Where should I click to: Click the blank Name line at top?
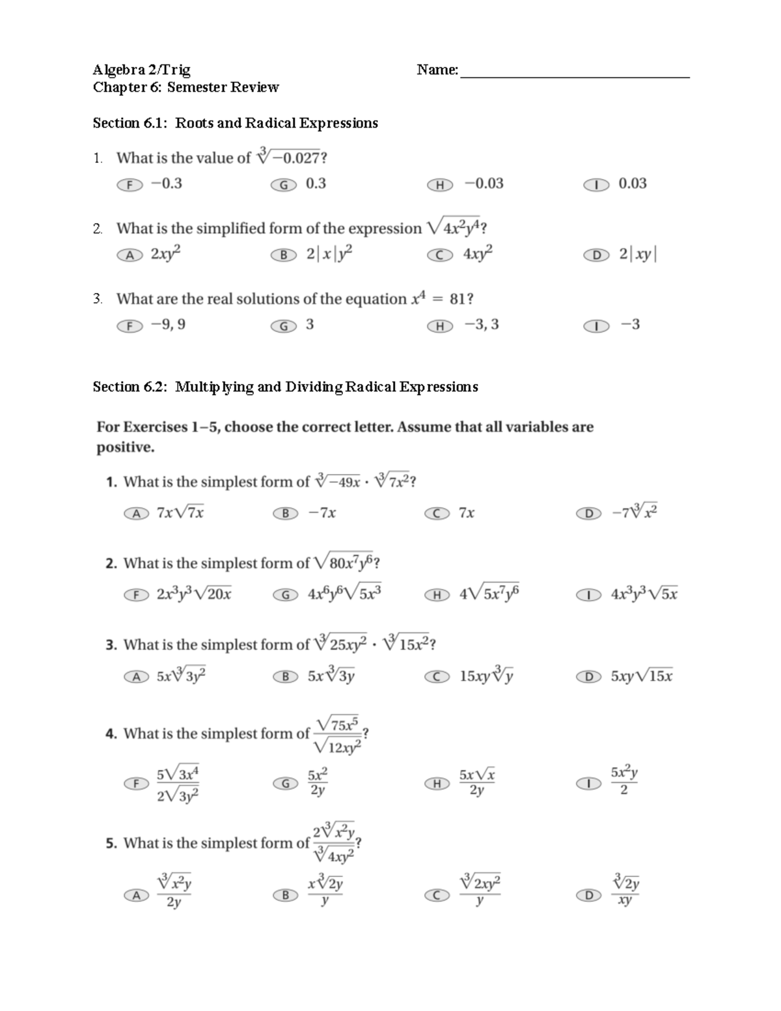click(574, 72)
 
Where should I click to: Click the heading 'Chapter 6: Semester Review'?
click(185, 87)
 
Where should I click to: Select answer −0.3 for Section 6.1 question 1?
click(166, 184)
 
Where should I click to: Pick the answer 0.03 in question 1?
click(632, 184)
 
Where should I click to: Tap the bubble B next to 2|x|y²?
click(284, 255)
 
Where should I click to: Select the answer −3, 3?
click(482, 324)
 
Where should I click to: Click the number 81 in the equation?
click(458, 299)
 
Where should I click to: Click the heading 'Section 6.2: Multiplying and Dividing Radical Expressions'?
click(285, 387)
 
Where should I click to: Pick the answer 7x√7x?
click(180, 513)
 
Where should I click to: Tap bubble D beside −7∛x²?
click(588, 514)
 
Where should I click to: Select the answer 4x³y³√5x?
click(644, 594)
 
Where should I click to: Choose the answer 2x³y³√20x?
click(194, 594)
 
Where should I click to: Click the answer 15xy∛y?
click(486, 676)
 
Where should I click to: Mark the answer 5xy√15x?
click(642, 676)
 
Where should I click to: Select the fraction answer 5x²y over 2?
click(623, 781)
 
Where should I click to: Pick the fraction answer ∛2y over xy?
click(625, 891)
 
